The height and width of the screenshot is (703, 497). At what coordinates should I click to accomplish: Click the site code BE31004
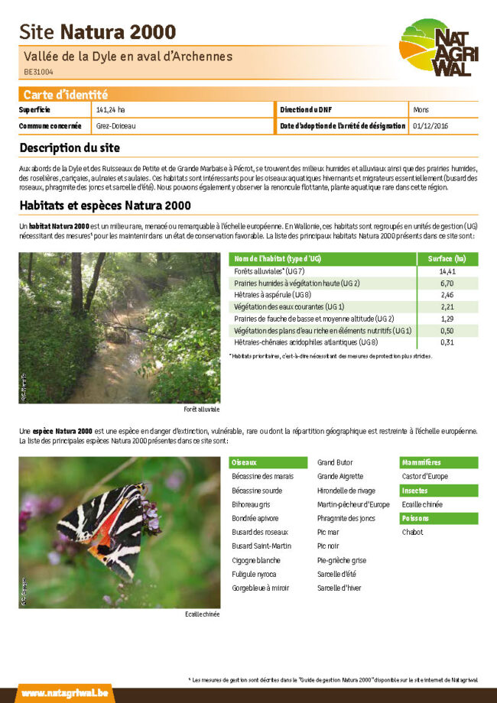(x=38, y=72)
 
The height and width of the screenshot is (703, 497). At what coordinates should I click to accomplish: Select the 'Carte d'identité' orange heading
(x=65, y=95)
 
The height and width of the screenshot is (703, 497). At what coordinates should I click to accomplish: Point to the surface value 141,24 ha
(x=111, y=110)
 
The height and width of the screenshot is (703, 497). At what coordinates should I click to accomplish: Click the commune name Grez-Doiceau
(x=116, y=125)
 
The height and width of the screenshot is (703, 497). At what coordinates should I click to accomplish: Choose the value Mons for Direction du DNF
(x=421, y=110)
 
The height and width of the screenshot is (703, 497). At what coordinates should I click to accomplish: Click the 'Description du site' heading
(x=70, y=147)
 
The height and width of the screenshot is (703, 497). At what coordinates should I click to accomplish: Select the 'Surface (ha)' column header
(x=447, y=259)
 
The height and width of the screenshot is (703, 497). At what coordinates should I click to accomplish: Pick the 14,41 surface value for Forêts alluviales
(x=447, y=271)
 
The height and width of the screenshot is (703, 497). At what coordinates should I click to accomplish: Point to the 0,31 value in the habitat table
(x=447, y=342)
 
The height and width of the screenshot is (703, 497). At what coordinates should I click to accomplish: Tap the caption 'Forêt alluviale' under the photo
(x=201, y=410)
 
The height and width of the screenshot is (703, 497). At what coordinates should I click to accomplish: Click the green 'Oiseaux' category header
(x=245, y=462)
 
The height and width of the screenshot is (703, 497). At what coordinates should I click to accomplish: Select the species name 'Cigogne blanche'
(x=256, y=560)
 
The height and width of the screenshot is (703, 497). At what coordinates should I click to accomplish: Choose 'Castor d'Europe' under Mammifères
(x=425, y=477)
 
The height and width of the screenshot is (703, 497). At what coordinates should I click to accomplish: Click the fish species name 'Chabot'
(x=412, y=532)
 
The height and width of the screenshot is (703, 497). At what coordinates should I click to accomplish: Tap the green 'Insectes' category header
(x=415, y=491)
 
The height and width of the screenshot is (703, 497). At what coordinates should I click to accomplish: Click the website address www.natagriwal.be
(x=64, y=692)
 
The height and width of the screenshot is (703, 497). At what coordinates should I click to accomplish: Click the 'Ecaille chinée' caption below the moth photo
(x=202, y=614)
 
